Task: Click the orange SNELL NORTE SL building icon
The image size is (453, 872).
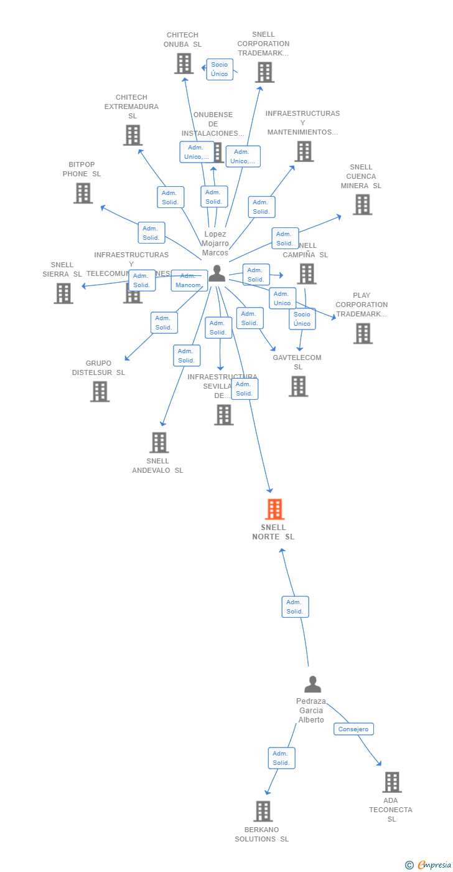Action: [274, 509]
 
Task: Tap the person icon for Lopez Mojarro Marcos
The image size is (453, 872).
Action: [217, 273]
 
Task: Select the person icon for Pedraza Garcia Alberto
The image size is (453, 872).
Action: [312, 685]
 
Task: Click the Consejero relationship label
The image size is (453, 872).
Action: [353, 729]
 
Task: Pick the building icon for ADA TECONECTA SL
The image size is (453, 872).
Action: [391, 782]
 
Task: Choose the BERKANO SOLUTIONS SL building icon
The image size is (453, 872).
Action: [263, 811]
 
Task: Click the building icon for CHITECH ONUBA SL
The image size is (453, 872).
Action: [184, 64]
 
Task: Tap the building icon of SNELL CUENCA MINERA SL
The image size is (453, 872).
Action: [362, 204]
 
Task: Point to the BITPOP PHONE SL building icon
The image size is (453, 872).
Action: [83, 193]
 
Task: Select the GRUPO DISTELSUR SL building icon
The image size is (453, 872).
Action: [100, 391]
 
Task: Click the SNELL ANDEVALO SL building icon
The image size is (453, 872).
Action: [159, 442]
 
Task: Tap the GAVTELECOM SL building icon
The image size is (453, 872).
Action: [298, 386]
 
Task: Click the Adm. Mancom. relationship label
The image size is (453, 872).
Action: [189, 280]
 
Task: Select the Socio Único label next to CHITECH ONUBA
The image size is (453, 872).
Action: [220, 69]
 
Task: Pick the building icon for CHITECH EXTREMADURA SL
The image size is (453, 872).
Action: [133, 135]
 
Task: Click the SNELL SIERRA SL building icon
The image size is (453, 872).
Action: [63, 293]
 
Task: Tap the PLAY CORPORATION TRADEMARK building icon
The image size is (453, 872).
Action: [363, 333]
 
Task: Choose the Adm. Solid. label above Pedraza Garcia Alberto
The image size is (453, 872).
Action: [295, 607]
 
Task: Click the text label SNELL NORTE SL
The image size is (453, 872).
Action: [273, 532]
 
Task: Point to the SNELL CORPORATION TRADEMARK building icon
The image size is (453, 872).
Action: [264, 72]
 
